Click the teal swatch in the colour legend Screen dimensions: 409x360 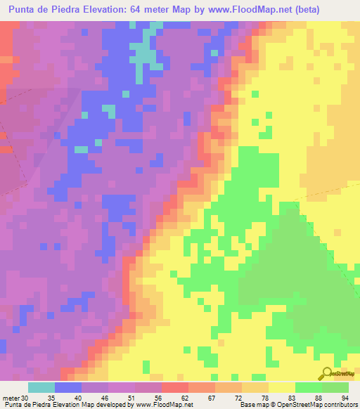[x=41, y=387]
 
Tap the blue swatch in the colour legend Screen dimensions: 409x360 [x=68, y=387]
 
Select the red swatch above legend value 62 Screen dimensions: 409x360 [x=175, y=387]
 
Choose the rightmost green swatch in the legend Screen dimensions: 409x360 [x=335, y=387]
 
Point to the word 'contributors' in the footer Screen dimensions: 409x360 [x=339, y=405]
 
